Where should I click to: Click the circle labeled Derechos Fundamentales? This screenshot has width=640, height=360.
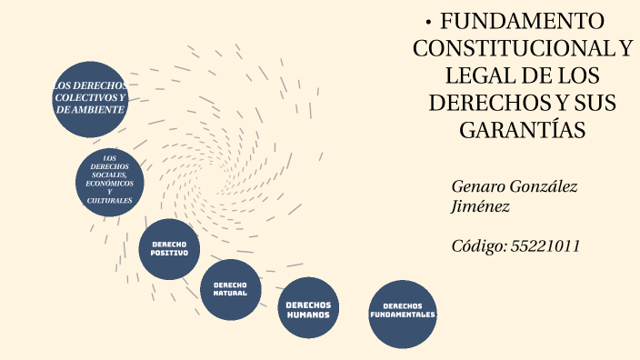(x=403, y=314)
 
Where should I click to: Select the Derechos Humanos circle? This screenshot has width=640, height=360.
(x=308, y=308)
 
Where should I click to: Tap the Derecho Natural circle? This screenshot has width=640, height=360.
(x=230, y=289)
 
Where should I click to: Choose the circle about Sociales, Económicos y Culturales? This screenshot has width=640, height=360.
(x=110, y=184)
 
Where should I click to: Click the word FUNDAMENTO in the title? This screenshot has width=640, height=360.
(x=523, y=22)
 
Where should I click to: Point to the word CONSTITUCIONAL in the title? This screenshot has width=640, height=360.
(x=505, y=48)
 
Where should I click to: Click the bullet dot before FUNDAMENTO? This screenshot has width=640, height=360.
(x=428, y=21)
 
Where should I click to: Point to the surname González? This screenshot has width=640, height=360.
(x=545, y=186)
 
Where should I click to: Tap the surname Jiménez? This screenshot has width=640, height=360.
(x=481, y=207)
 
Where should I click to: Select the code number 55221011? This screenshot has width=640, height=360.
(x=545, y=245)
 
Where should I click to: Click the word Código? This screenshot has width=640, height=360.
(x=479, y=245)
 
